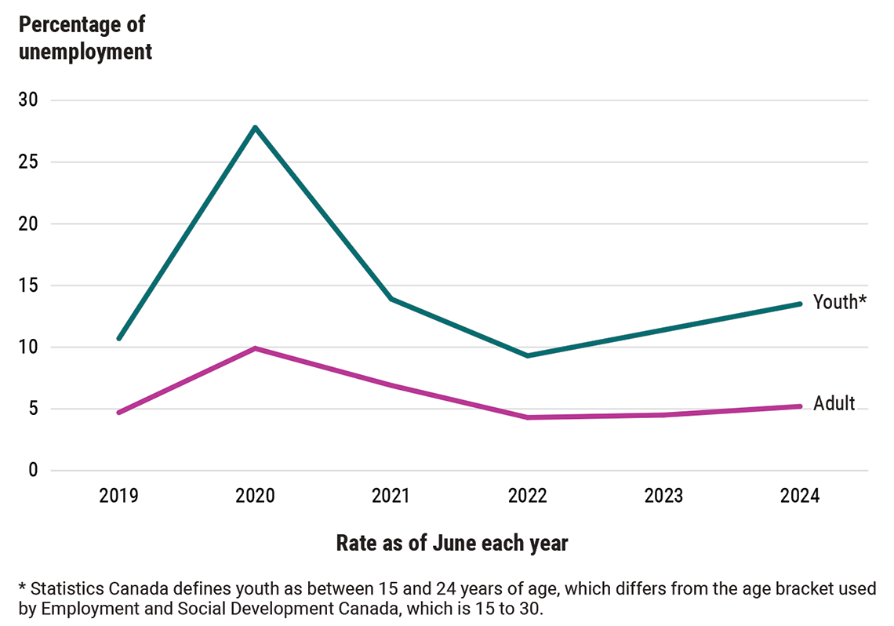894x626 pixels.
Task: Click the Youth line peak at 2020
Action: click(255, 127)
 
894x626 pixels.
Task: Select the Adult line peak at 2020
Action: click(255, 348)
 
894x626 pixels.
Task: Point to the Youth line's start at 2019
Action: click(118, 338)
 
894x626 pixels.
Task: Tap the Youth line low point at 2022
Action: click(528, 355)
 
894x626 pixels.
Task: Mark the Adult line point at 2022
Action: click(528, 417)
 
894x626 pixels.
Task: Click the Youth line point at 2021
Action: click(391, 299)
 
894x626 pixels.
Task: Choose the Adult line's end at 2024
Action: click(800, 406)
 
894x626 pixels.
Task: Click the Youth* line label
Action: click(839, 302)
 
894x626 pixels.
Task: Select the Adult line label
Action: click(834, 404)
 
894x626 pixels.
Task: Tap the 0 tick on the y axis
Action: click(33, 471)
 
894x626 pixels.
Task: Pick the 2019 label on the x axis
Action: click(118, 497)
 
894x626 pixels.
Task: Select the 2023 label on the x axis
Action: click(663, 497)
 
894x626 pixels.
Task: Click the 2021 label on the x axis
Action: click(391, 497)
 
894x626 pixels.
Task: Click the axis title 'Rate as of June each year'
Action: click(452, 543)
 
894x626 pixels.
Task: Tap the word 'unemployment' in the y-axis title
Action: click(85, 52)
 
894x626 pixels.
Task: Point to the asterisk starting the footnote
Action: click(22, 587)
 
